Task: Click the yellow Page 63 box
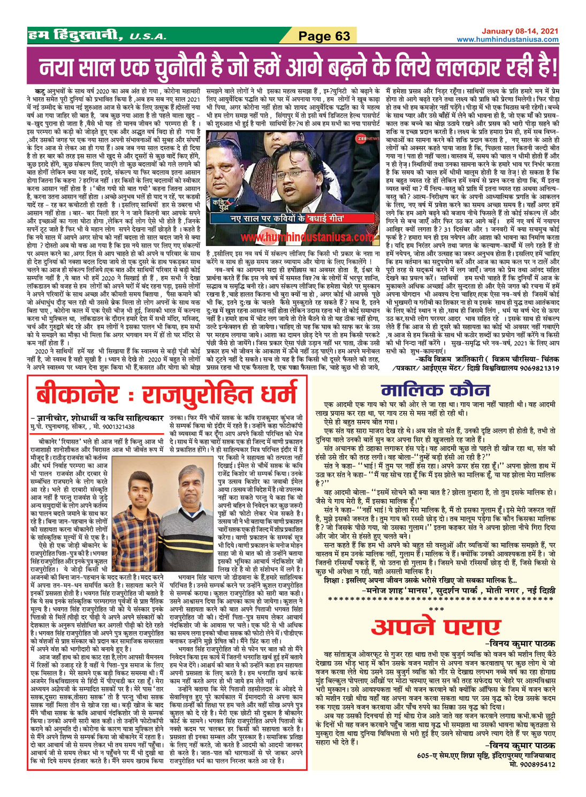(x=323, y=36)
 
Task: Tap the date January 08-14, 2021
(x=520, y=32)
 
